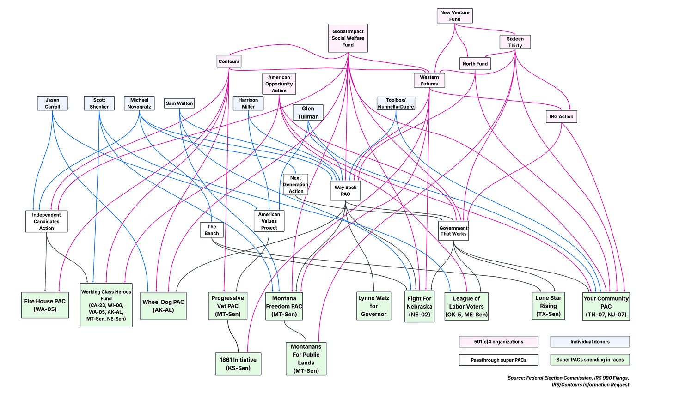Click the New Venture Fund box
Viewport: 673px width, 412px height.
coord(454,16)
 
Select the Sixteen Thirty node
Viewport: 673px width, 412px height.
coord(515,42)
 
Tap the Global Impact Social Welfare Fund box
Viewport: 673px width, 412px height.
coord(348,38)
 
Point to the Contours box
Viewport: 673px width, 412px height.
coord(229,61)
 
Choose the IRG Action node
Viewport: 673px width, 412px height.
coord(561,116)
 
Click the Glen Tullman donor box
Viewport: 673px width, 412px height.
coord(308,112)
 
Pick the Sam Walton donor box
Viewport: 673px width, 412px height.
coord(179,103)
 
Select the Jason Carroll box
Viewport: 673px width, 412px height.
coord(52,103)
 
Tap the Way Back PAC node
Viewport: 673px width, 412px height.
coord(345,190)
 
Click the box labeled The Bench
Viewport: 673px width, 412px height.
coord(212,230)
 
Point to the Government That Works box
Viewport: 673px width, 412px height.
coord(453,231)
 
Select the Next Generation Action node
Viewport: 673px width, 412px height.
coord(295,184)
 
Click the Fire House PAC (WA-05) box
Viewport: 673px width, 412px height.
coord(45,305)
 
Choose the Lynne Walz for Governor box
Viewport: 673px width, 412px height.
coord(373,306)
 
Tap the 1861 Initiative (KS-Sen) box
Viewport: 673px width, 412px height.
coord(238,364)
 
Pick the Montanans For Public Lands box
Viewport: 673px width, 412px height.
coord(306,358)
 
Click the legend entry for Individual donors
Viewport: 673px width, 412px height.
coord(590,342)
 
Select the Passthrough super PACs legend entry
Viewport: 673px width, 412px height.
coord(498,360)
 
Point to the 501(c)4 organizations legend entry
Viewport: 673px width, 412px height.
coord(498,342)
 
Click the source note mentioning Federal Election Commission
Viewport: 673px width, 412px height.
coord(569,381)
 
